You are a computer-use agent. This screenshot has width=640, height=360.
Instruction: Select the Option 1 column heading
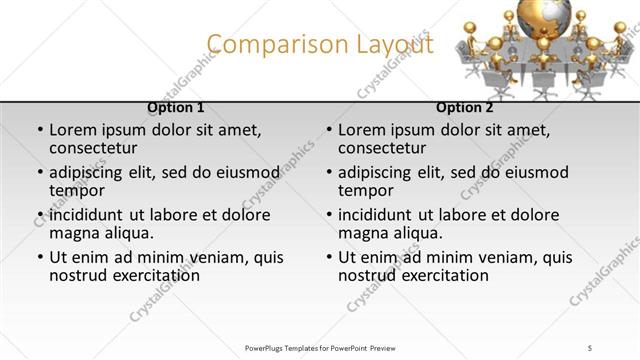176,107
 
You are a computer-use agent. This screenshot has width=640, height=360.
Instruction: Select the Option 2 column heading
465,107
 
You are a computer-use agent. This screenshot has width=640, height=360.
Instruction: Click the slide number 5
590,347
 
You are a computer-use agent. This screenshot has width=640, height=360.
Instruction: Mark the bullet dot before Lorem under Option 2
329,130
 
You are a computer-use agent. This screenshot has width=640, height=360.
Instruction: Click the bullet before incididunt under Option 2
329,215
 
